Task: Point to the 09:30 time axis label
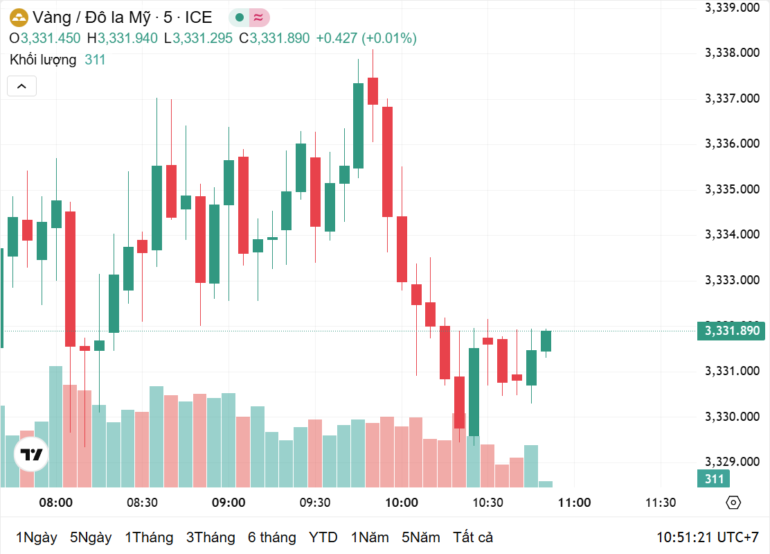[314, 503]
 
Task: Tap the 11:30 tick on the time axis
[661, 503]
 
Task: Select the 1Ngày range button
[37, 537]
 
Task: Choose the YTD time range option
[323, 537]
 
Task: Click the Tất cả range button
[473, 537]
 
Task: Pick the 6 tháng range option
[271, 537]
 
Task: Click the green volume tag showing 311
[714, 478]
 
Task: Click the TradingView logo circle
[31, 455]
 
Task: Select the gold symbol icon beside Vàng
[19, 18]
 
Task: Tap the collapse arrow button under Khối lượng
[21, 86]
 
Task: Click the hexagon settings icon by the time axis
[733, 503]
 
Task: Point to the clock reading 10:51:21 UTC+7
[708, 537]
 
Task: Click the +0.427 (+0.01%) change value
[366, 38]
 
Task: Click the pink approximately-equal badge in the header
[259, 18]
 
